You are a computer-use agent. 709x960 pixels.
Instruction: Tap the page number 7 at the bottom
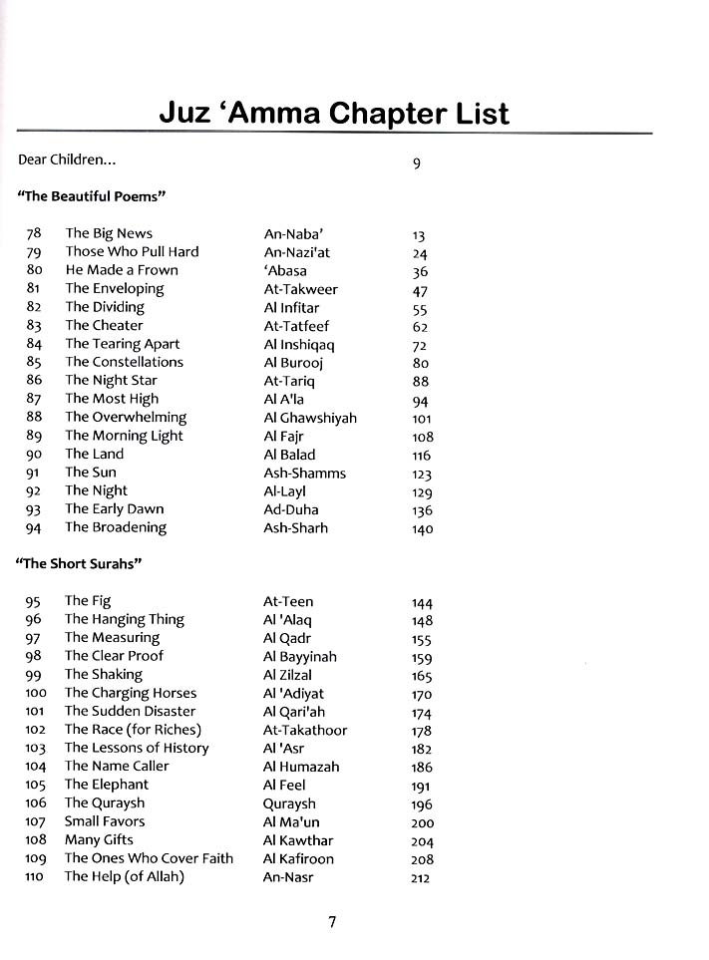(x=332, y=922)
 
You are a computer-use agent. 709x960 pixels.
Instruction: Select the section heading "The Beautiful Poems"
(x=91, y=196)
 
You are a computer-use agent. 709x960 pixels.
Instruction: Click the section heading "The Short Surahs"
(x=80, y=563)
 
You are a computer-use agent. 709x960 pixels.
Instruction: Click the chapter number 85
(x=34, y=363)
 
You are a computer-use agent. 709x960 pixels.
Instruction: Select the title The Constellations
(x=125, y=362)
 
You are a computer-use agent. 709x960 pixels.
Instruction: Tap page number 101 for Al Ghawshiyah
(x=422, y=419)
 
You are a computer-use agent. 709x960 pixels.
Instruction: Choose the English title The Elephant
(x=107, y=785)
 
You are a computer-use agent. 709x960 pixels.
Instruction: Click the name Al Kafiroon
(x=298, y=858)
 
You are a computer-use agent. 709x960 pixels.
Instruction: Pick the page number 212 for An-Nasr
(x=423, y=878)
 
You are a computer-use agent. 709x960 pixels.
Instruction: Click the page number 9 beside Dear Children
(x=417, y=163)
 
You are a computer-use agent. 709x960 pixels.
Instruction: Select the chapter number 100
(x=36, y=693)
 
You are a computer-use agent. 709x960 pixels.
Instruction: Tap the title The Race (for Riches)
(x=133, y=730)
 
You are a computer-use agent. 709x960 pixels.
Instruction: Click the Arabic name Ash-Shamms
(x=304, y=474)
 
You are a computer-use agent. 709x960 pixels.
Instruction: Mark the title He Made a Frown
(x=122, y=270)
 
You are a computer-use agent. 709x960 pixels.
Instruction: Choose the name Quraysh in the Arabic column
(x=289, y=803)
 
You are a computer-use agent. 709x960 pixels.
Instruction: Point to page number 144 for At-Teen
(x=422, y=603)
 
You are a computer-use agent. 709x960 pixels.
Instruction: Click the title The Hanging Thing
(x=125, y=619)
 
